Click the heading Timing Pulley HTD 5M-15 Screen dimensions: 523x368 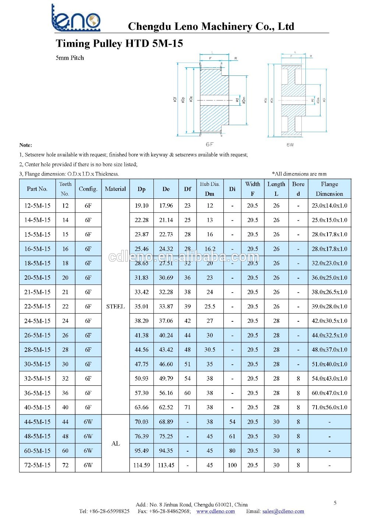tap(119, 43)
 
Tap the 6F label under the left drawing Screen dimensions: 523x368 tap(210, 145)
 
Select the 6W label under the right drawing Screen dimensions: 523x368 tap(290, 145)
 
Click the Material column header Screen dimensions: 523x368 tap(115, 189)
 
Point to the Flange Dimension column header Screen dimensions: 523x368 tap(329, 189)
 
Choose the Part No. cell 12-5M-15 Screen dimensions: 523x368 tap(37, 205)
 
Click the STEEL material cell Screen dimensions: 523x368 tap(115, 306)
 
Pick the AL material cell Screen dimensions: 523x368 tap(115, 444)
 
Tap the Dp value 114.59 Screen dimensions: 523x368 tap(142, 465)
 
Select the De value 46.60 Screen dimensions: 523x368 tap(166, 364)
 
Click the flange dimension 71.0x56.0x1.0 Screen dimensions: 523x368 tap(329, 407)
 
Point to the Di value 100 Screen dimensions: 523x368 tap(232, 465)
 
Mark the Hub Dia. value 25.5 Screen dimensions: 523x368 tap(210, 306)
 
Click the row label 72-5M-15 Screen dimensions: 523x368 tap(37, 465)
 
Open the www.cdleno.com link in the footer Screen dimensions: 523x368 tap(215, 511)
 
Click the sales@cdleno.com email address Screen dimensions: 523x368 tap(283, 511)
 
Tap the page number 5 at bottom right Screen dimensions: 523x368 tap(335, 503)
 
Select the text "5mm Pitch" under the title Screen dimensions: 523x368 tap(70, 58)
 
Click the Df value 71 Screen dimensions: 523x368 tap(187, 407)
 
